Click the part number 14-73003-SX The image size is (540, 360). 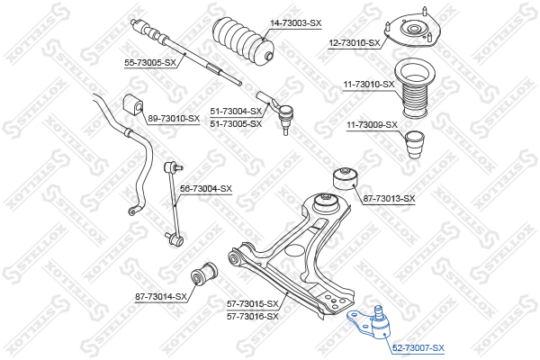tap(295, 23)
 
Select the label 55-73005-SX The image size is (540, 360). tap(150, 63)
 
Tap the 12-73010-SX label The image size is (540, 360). tap(355, 43)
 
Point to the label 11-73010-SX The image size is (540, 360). tap(368, 84)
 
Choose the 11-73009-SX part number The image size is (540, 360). tap(372, 125)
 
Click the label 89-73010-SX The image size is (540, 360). tap(174, 119)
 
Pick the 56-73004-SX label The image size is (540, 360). tap(206, 189)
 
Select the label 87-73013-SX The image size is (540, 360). tap(389, 198)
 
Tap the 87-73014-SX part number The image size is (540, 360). tap(161, 297)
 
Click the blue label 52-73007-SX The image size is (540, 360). tap(418, 348)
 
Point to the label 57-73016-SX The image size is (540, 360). tap(252, 316)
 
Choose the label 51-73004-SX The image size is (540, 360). tap(236, 112)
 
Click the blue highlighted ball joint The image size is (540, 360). tap(370, 322)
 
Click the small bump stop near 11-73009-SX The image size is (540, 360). tap(414, 144)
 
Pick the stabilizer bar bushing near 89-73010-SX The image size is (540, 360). tap(132, 104)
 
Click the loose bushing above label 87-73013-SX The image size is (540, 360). tap(346, 178)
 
